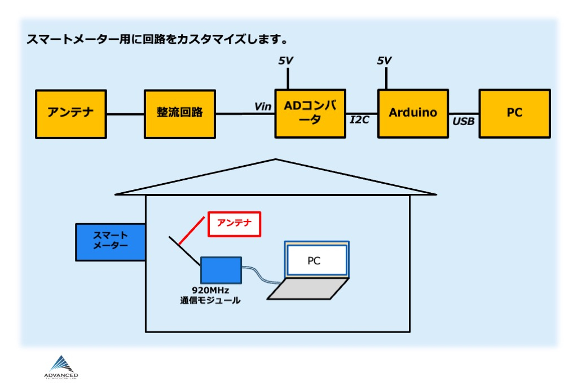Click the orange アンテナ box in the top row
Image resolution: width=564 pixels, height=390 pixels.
70,113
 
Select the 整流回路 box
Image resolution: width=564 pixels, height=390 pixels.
179,113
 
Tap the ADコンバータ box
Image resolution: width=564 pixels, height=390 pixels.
310,113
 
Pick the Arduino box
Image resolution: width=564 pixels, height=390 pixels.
413,113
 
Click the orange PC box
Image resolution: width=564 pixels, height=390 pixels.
514,113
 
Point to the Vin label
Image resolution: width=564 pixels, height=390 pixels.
262,107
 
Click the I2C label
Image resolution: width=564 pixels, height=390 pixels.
360,120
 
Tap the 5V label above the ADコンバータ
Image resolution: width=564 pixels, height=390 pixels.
287,60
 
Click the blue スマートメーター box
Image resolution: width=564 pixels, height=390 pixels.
111,242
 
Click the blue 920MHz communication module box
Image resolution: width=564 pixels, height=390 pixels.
222,270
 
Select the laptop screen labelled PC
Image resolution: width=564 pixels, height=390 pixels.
316,260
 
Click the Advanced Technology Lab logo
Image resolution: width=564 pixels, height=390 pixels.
61,367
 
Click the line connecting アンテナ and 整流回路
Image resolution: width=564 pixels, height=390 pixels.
125,114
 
